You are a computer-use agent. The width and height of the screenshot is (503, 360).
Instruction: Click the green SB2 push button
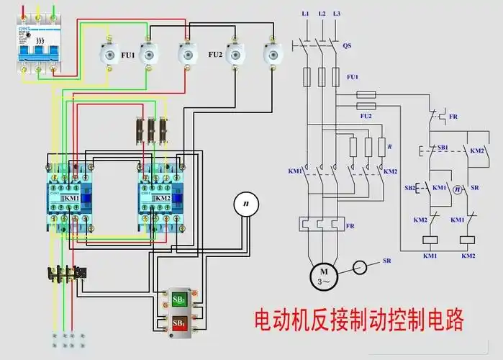178,299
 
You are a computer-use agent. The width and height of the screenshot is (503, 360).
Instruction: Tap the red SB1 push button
178,324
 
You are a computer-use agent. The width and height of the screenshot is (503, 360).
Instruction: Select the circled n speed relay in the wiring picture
246,204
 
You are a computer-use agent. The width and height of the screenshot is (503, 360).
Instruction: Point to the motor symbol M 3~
322,274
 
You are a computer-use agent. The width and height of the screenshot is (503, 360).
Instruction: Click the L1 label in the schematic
306,14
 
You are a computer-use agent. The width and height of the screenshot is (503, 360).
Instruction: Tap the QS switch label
347,45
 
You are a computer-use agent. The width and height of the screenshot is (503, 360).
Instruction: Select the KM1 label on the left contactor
72,198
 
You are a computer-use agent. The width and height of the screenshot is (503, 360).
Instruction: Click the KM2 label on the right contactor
163,198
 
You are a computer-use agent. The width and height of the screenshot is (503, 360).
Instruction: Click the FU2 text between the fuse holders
215,55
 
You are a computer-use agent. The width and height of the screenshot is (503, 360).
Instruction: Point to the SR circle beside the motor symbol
361,268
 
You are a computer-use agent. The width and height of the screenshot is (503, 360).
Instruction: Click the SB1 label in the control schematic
443,147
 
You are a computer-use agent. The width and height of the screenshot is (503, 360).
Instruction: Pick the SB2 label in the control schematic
409,187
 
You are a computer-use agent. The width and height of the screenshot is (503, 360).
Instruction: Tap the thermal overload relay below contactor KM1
66,274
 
